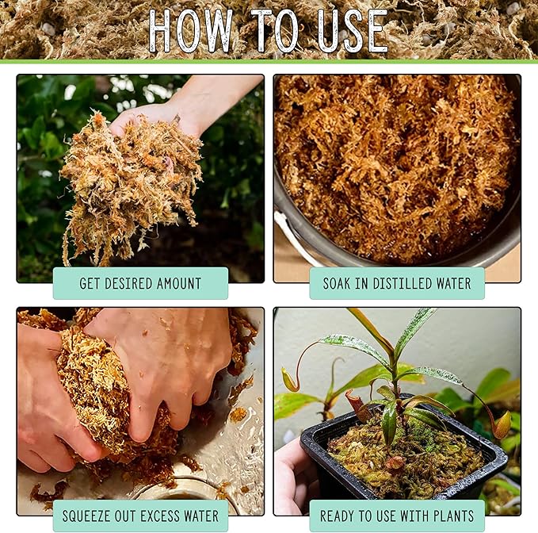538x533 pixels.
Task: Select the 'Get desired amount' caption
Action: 140,283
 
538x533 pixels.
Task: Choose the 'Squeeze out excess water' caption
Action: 140,516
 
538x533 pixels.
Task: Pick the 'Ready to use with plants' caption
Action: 397,516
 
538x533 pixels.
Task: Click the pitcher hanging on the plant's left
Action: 290,380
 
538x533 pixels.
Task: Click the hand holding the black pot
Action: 292,476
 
